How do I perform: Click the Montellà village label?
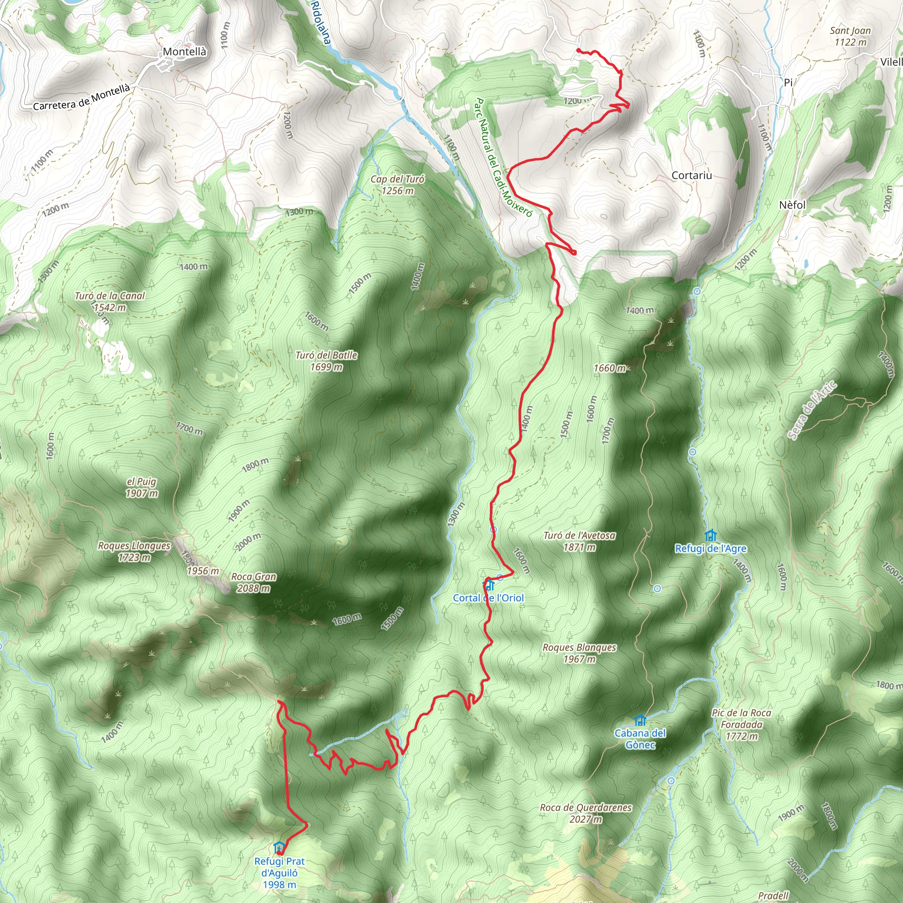(184, 52)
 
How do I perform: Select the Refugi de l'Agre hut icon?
(710, 535)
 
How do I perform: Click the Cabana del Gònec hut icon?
(640, 720)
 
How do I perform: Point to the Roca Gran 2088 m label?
(254, 582)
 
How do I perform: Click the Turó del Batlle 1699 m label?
(326, 361)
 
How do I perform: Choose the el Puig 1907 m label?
(141, 488)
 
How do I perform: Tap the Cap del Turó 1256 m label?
(397, 185)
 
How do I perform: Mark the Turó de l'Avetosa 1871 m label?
(579, 541)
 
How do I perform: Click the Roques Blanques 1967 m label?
(579, 653)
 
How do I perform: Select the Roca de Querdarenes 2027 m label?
(586, 813)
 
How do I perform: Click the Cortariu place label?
(692, 175)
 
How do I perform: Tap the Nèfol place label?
(793, 205)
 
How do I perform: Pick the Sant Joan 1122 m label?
(850, 36)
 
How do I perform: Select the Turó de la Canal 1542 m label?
(110, 302)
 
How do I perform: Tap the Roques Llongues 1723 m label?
(134, 552)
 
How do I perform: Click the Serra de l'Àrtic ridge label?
(812, 411)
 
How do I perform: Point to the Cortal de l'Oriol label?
(489, 598)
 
